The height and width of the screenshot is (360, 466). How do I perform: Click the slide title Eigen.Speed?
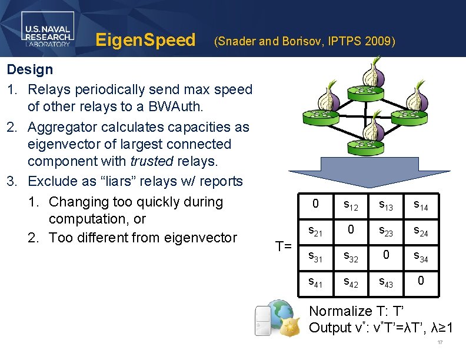(x=145, y=40)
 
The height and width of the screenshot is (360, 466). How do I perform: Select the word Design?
(x=29, y=69)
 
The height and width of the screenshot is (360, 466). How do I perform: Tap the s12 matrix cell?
(x=351, y=205)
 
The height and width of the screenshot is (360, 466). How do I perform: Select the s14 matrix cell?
(x=420, y=205)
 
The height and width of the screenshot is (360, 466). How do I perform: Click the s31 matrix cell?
(x=316, y=256)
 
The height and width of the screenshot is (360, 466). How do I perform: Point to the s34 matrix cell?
(x=420, y=256)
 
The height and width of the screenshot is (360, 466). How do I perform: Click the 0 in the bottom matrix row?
(x=420, y=281)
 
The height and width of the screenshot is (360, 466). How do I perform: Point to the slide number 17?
(x=440, y=343)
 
